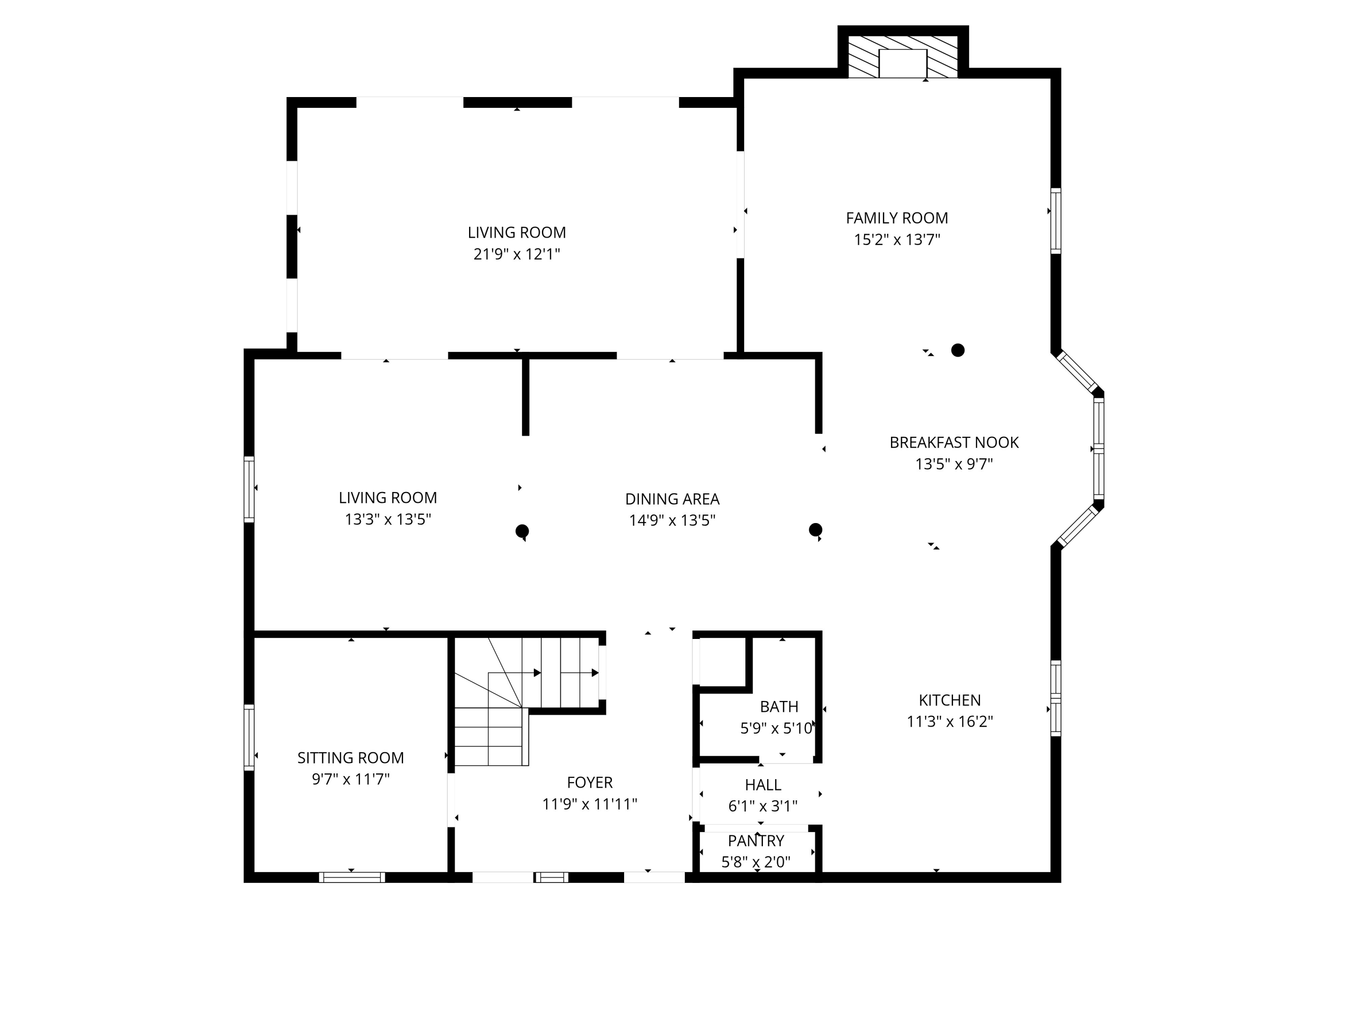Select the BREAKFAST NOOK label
coord(954,443)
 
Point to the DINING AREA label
coord(672,499)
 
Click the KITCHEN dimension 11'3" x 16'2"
coord(949,722)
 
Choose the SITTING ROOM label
coord(350,758)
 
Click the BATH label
coord(779,706)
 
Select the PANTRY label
coord(756,841)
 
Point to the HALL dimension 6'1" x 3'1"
coord(763,806)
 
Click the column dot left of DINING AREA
coord(522,531)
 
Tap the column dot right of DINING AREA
coord(816,530)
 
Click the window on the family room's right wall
coord(1056,221)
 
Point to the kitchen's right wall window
coord(1056,698)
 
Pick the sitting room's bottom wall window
coord(352,878)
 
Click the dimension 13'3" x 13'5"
coord(388,519)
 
